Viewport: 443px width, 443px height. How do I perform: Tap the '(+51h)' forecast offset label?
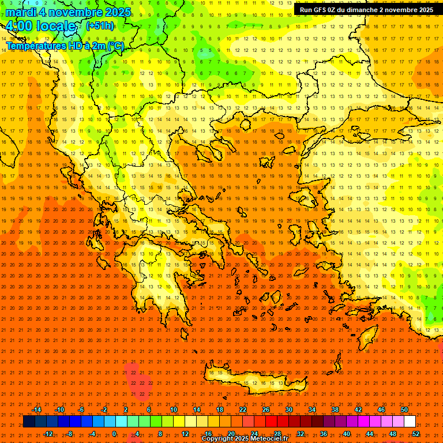click(x=100, y=26)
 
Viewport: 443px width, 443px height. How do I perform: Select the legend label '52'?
click(x=416, y=433)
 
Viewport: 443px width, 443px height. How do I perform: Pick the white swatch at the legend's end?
click(x=410, y=422)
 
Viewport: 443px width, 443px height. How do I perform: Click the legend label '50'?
click(x=404, y=410)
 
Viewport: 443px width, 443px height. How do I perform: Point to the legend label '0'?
click(x=114, y=433)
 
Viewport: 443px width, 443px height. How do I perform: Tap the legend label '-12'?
click(x=48, y=433)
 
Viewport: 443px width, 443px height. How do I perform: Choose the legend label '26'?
click(x=266, y=410)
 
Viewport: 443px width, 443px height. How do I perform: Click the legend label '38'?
click(x=335, y=410)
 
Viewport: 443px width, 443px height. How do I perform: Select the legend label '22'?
click(x=243, y=410)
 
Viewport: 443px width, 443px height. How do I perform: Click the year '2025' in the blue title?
click(x=115, y=12)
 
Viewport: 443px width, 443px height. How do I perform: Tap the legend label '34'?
click(x=312, y=410)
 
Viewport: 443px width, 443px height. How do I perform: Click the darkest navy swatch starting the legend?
click(x=29, y=422)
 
